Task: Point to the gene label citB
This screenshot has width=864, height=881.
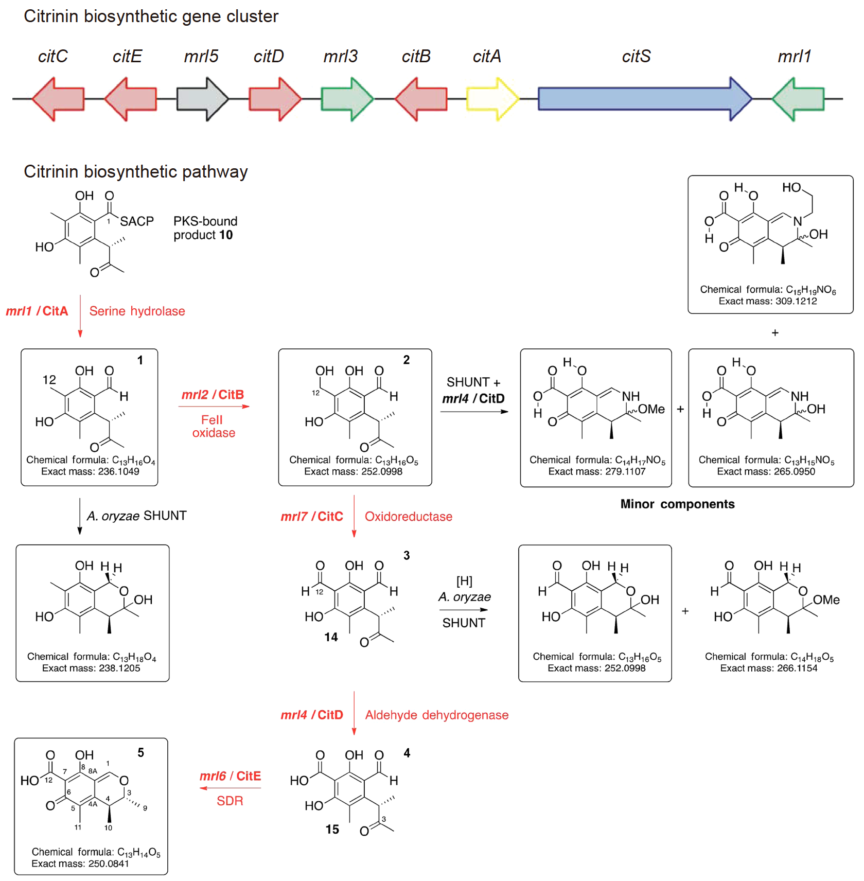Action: coord(416,56)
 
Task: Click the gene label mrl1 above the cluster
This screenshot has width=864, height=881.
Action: coord(794,56)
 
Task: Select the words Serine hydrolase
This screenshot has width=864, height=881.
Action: coord(137,311)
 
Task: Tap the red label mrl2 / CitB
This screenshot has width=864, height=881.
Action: coord(213,395)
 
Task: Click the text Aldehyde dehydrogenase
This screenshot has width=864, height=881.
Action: coord(436,715)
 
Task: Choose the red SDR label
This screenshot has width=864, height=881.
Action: coord(230,801)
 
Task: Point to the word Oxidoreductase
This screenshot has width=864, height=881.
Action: coord(408,517)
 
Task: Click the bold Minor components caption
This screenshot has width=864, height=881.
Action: coord(677,504)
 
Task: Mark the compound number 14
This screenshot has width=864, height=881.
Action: coord(331,637)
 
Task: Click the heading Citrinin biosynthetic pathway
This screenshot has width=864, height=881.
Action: coord(135,172)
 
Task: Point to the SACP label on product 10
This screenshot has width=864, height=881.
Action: coord(136,221)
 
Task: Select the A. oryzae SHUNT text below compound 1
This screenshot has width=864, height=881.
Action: coord(136,516)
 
